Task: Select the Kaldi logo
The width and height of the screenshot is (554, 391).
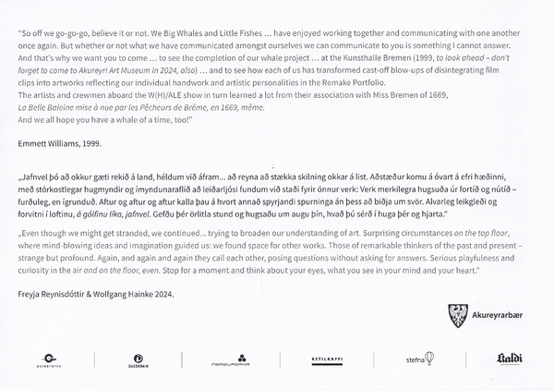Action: [509, 358]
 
